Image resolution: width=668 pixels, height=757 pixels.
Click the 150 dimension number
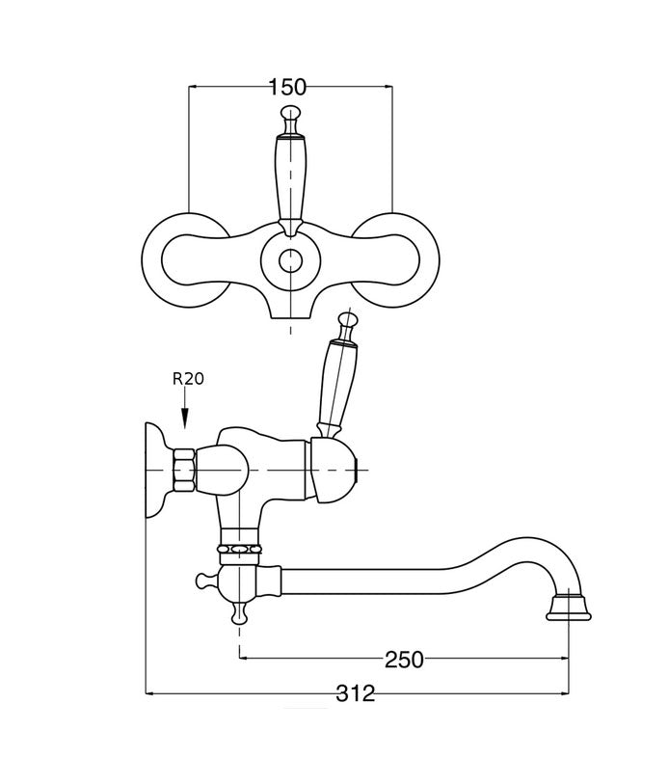click(x=287, y=87)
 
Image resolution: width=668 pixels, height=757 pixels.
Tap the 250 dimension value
click(x=404, y=660)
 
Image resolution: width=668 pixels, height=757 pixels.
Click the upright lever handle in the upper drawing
click(x=289, y=178)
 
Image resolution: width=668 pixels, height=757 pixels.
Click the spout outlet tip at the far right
click(x=568, y=608)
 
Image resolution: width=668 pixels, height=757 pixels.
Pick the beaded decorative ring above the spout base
click(x=241, y=551)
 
